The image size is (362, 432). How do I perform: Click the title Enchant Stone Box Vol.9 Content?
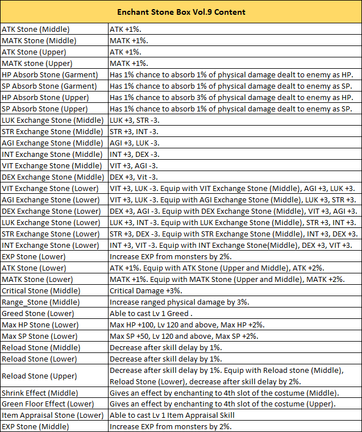[181, 12]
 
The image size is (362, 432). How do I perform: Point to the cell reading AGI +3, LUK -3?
[134, 143]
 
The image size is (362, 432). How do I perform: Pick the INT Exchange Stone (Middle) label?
[44, 154]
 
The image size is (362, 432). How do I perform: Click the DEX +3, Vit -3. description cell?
[134, 177]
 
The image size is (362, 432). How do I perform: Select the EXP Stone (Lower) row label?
[34, 256]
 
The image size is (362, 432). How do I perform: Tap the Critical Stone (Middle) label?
[41, 290]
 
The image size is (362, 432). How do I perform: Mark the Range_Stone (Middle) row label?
[41, 302]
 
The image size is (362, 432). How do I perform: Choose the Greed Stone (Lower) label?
[38, 313]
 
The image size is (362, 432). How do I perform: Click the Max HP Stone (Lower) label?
[40, 325]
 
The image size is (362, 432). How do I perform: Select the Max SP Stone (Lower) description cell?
[184, 336]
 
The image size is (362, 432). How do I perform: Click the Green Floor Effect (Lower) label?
[49, 404]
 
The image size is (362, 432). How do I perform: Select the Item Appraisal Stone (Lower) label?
[53, 416]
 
